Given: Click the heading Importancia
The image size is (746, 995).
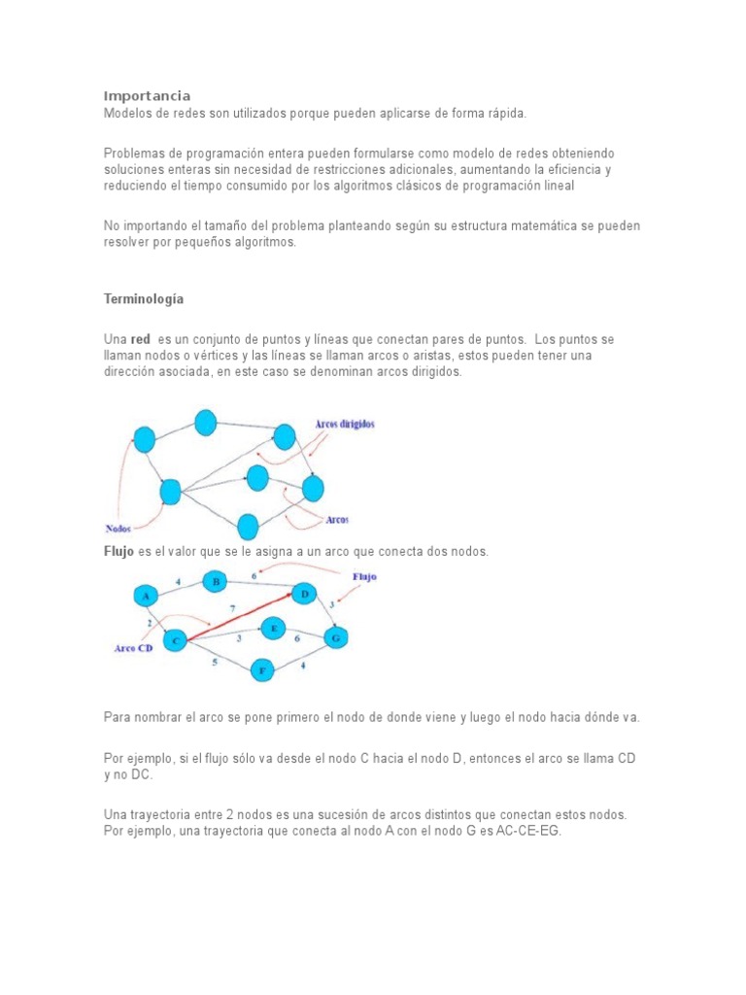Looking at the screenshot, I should pos(147,95).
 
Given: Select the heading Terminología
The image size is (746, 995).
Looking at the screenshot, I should pos(144,298).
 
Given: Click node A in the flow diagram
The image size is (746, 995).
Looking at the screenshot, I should pos(146,595).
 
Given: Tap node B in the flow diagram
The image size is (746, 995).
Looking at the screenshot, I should pos(215,582).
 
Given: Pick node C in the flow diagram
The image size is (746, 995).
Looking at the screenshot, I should pos(176,640).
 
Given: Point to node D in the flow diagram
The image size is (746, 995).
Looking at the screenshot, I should pos(304,594).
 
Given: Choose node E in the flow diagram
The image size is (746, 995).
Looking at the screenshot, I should pos(274,629).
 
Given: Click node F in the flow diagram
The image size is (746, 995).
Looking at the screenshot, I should pos(261,669).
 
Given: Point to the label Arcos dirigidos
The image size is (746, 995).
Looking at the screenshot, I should pos(344,424).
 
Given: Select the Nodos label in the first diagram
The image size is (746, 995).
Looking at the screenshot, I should pos(119,530).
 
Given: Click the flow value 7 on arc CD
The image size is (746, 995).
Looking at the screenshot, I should pos(231,608).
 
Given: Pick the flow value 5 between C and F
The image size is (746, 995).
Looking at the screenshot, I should pos(215,662).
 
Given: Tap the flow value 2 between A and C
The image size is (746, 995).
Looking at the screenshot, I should pos(150,621).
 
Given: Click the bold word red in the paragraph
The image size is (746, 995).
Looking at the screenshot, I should pos(140,339).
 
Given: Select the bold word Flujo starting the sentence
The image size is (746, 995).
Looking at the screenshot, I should pos(119,551).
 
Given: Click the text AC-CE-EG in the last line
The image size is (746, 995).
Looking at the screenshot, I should pos(529,831).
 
